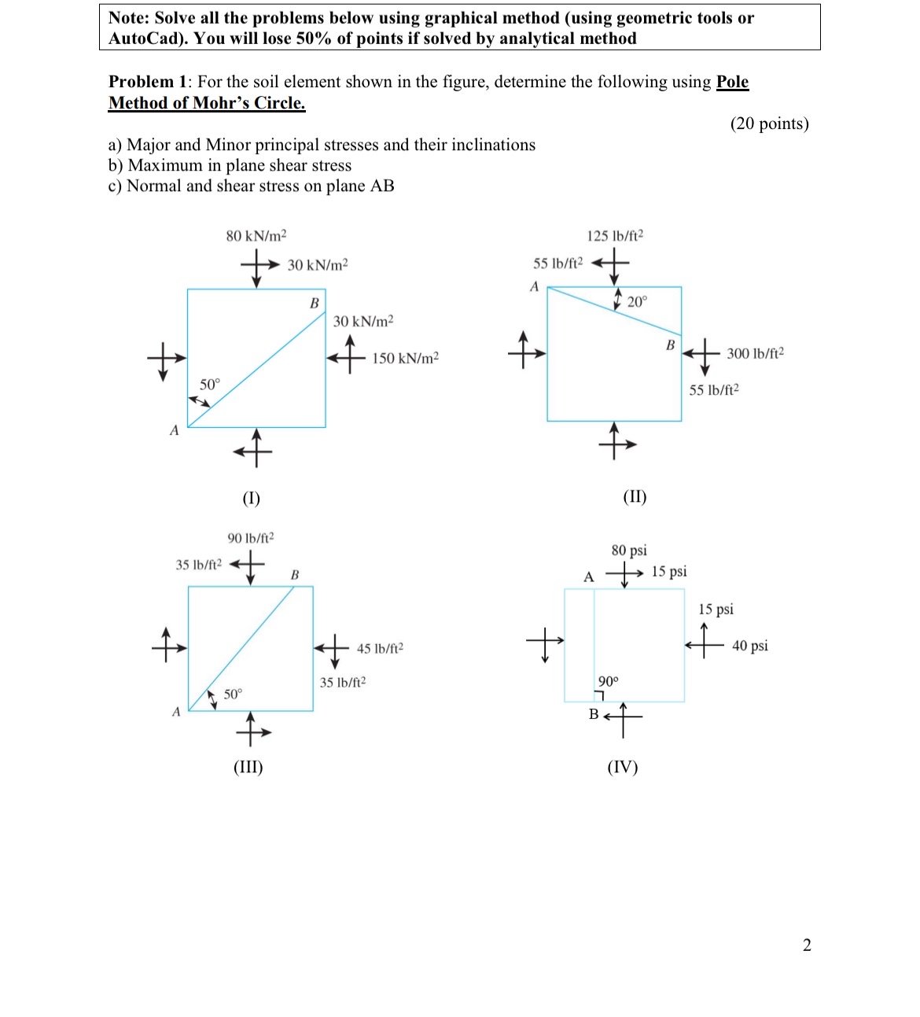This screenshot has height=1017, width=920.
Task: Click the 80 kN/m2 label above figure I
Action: click(x=256, y=236)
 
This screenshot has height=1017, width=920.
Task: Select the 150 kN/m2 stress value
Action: click(x=405, y=359)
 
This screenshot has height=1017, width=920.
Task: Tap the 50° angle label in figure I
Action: click(x=210, y=385)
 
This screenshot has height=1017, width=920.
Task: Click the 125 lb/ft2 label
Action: click(x=615, y=236)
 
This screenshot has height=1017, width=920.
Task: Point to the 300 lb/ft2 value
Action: click(x=755, y=354)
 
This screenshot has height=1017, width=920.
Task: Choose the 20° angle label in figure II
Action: click(x=637, y=302)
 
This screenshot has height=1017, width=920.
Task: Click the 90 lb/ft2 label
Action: click(x=251, y=538)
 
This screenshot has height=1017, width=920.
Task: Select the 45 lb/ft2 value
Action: click(x=380, y=649)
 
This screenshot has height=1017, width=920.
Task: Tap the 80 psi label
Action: click(x=629, y=551)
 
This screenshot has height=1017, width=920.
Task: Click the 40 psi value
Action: click(x=749, y=647)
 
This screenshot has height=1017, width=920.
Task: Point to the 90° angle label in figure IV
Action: click(x=609, y=681)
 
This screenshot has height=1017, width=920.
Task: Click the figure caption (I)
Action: click(x=251, y=498)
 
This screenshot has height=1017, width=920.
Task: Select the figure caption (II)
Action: click(x=635, y=496)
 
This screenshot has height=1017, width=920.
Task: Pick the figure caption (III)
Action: click(x=248, y=767)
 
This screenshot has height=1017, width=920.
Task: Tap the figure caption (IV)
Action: click(x=623, y=767)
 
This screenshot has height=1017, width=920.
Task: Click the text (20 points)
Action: click(x=769, y=123)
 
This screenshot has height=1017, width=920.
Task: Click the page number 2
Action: click(x=807, y=945)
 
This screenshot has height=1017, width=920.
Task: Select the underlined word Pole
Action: click(x=732, y=82)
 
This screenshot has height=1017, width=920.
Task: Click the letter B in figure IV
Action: click(x=594, y=714)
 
